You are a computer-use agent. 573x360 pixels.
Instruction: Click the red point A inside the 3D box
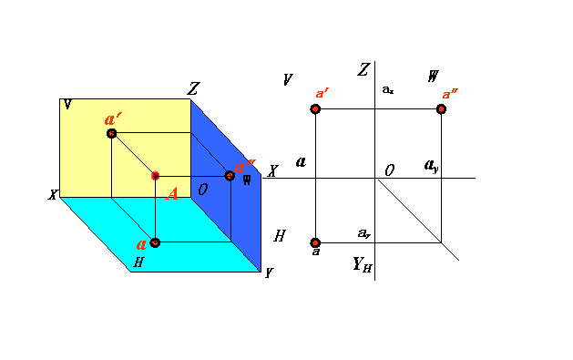coord(156,175)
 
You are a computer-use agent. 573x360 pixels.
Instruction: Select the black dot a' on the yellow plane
coord(112,133)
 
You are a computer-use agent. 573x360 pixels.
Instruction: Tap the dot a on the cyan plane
coord(156,242)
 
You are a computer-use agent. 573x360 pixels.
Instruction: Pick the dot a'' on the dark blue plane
coord(230,175)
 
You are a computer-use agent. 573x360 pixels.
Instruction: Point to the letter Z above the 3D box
coord(193,89)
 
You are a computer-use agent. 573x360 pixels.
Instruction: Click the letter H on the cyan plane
coord(138,262)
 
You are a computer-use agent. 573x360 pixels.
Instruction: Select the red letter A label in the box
coord(172,192)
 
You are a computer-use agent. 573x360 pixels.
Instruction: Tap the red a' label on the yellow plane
coord(114,118)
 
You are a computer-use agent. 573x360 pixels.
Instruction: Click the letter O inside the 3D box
coord(203,190)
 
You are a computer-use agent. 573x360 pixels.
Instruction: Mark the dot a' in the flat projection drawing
coord(315,108)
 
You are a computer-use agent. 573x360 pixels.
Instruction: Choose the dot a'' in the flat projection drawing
coord(442,108)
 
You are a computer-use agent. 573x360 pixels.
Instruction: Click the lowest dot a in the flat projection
coord(315,242)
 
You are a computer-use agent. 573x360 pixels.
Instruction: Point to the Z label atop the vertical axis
coord(363,70)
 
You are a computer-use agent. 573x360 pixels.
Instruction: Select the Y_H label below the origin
coord(362,265)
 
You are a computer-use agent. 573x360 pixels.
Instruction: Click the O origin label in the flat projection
coord(389,170)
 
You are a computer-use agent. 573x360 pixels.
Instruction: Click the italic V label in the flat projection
coord(288,79)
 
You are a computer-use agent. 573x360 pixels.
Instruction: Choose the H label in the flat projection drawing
coord(280,236)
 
